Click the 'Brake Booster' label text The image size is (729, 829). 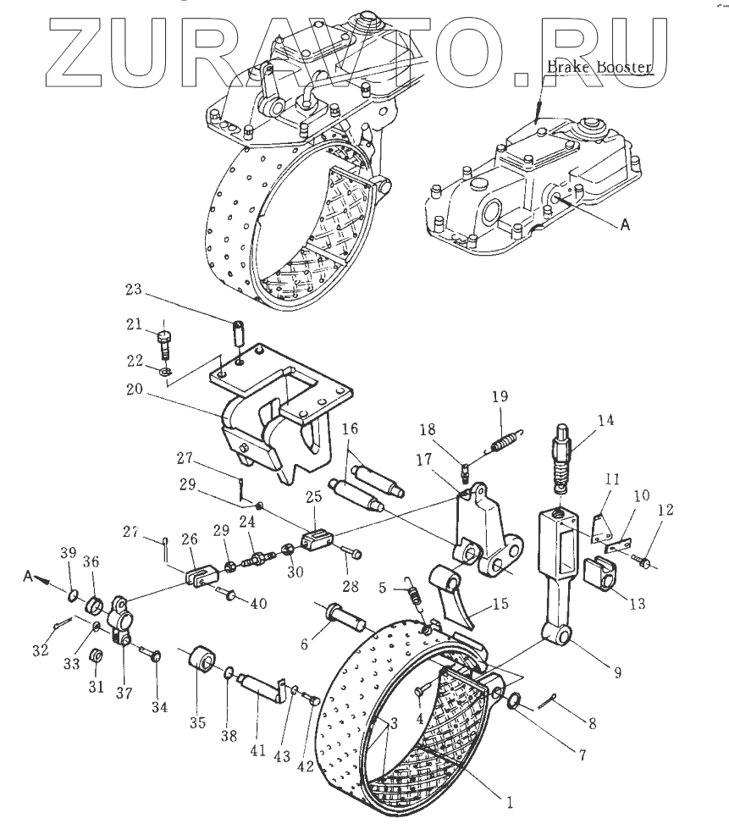coord(599,66)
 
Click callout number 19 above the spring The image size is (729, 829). coord(500,395)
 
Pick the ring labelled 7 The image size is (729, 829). coord(513,701)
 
